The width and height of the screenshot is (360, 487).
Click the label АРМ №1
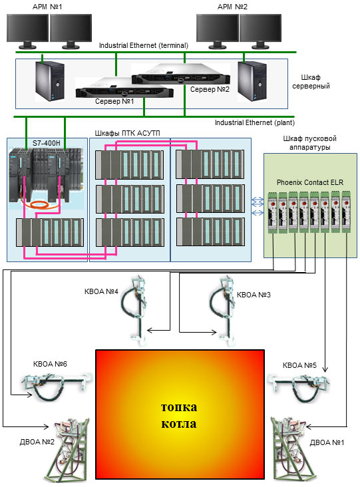click(47, 7)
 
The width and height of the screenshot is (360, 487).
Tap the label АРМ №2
click(232, 7)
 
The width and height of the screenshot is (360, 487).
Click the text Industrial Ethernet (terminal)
click(144, 45)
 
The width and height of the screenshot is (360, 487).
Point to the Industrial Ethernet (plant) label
click(255, 122)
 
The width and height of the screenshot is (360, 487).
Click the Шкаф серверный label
click(311, 82)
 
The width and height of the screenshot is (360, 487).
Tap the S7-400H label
click(47, 143)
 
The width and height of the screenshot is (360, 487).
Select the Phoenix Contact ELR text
click(310, 182)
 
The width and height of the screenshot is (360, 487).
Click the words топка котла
click(179, 415)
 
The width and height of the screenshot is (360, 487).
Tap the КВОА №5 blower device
click(299, 386)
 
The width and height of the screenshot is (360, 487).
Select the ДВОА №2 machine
click(66, 450)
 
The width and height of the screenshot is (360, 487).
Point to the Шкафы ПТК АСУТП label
click(127, 133)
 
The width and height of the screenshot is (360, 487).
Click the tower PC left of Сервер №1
click(50, 81)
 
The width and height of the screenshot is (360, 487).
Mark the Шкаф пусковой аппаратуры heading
click(309, 142)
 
